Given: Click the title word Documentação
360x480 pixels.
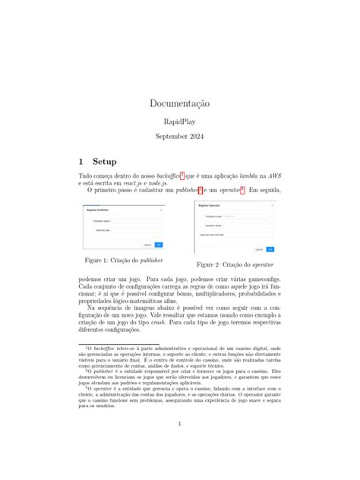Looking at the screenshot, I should [x=179, y=103].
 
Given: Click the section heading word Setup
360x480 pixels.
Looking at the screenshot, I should [x=105, y=162].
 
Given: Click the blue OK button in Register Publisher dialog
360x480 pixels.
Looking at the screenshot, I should [x=158, y=245].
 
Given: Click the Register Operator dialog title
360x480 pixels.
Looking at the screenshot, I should [x=210, y=206].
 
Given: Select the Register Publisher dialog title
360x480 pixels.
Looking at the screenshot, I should [x=97, y=210].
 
